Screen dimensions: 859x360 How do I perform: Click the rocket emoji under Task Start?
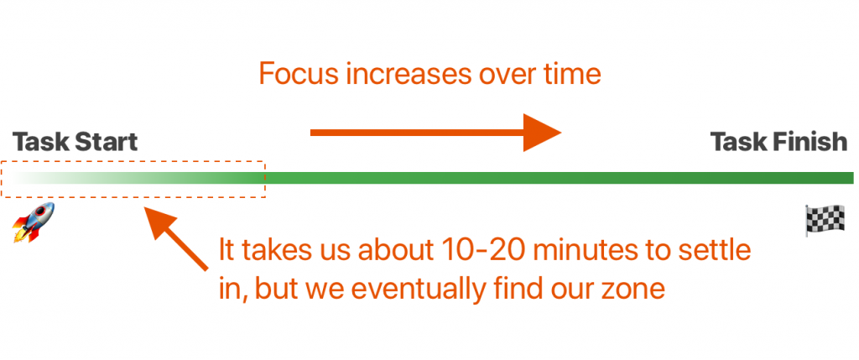34,222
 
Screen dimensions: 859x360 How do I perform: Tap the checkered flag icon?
825,220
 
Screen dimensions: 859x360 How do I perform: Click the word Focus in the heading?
298,74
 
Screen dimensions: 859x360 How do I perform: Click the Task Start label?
75,142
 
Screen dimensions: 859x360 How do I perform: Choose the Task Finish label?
779,142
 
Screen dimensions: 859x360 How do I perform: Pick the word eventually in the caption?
407,290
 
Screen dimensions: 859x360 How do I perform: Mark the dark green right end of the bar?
852,178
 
